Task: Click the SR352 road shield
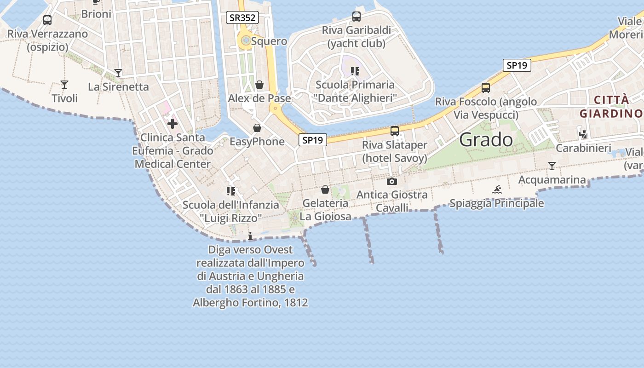(x=242, y=18)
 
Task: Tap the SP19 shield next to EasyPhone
(x=313, y=140)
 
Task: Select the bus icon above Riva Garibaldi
(x=356, y=17)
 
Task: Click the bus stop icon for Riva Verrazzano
(x=47, y=20)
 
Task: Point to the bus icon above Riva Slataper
(x=394, y=131)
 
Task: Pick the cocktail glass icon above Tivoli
(x=64, y=85)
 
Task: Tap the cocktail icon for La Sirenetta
(x=118, y=73)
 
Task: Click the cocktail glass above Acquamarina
(x=552, y=166)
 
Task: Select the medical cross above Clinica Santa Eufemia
(x=172, y=124)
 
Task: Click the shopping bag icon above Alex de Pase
(x=259, y=85)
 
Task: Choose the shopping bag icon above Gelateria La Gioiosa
(x=325, y=190)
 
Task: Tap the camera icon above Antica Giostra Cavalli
(x=392, y=181)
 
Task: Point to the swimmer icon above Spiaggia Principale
(x=497, y=190)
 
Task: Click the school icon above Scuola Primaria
(x=355, y=71)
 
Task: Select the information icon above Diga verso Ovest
(x=250, y=236)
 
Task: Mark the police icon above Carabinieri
(x=583, y=134)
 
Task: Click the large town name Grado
(x=486, y=139)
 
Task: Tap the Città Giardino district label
(x=611, y=107)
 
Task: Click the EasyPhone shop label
(x=257, y=142)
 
